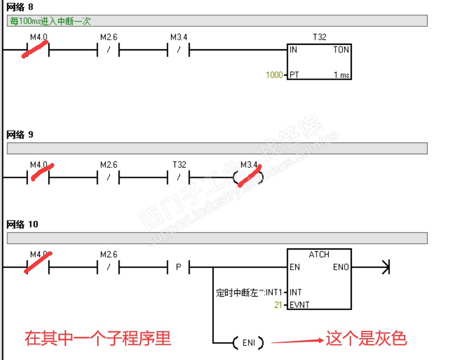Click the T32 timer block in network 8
point(319,61)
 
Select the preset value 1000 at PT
point(274,75)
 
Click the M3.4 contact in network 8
point(179,50)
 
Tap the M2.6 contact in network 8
point(109,50)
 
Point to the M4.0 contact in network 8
point(38,50)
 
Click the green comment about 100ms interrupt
point(50,21)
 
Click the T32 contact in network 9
point(179,177)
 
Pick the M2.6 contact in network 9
point(109,177)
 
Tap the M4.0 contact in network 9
point(38,177)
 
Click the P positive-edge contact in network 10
point(179,267)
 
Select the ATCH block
point(319,279)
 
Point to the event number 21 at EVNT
point(278,304)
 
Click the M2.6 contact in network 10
point(109,267)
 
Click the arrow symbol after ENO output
point(385,267)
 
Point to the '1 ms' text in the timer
point(341,75)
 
